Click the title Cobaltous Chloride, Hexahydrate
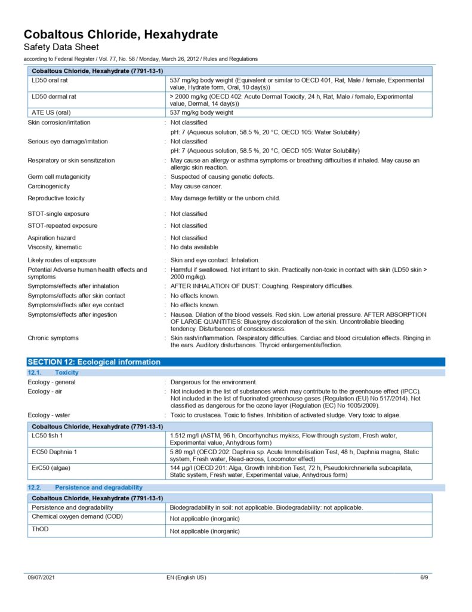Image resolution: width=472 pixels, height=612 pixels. pos(121,35)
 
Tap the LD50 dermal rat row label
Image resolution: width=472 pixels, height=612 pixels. pos(55,96)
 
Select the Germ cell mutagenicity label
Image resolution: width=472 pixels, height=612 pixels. pos(59,177)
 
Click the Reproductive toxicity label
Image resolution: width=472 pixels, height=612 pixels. pos(56,198)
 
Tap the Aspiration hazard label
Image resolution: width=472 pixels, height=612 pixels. pos(51,238)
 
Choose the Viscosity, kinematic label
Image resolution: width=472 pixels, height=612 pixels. pos(55,247)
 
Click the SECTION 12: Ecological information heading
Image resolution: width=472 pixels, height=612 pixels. pos(94,362)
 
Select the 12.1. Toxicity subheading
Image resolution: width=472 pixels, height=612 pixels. pos(54,373)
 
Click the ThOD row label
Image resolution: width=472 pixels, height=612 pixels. pos(39,530)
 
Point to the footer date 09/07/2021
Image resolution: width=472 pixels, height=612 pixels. pos(41,578)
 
